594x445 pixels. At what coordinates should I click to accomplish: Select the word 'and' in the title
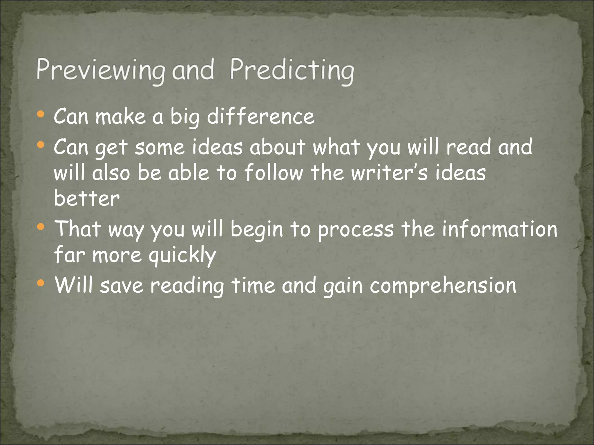point(193,70)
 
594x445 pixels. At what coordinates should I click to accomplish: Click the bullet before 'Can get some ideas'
point(41,144)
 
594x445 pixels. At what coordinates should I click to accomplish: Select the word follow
point(274,173)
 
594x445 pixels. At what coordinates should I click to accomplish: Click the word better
point(87,199)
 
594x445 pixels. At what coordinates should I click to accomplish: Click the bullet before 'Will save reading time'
point(41,283)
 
